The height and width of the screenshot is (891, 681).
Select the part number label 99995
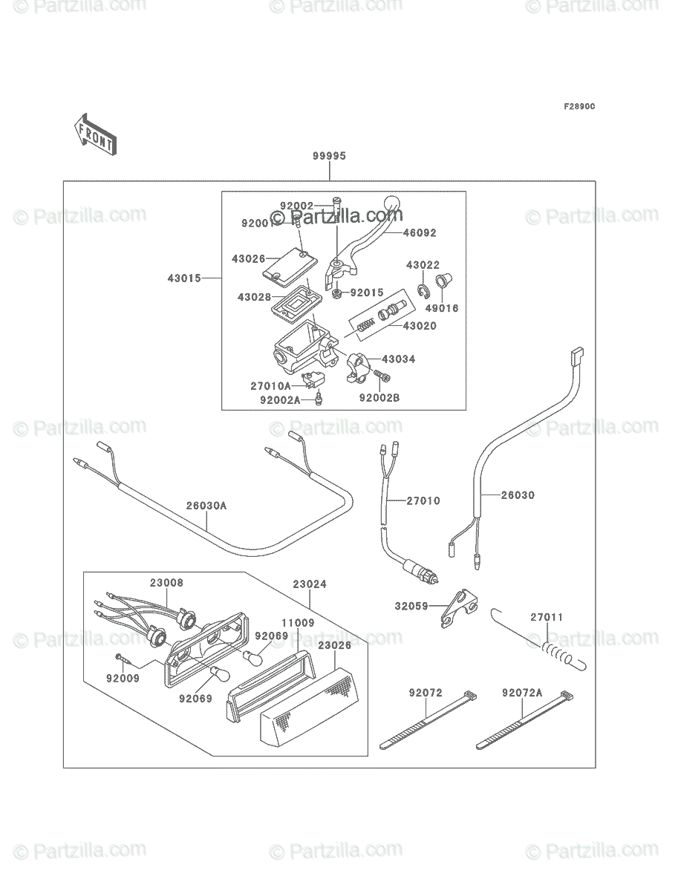(x=329, y=156)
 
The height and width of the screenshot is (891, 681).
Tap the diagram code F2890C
(x=579, y=107)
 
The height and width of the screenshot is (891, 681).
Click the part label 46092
(x=420, y=232)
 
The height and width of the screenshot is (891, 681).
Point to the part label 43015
(x=184, y=278)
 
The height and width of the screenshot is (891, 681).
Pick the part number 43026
(x=247, y=258)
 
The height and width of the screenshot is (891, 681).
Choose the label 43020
(x=420, y=326)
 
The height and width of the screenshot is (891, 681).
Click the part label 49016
(x=442, y=307)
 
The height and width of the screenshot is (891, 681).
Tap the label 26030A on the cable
(x=206, y=506)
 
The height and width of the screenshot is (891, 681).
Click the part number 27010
(x=423, y=500)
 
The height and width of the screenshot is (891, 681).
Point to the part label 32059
(x=411, y=606)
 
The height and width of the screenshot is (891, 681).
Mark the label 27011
(x=547, y=616)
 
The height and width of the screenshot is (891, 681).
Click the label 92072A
(x=522, y=693)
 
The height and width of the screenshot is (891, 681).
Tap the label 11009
(x=297, y=623)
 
